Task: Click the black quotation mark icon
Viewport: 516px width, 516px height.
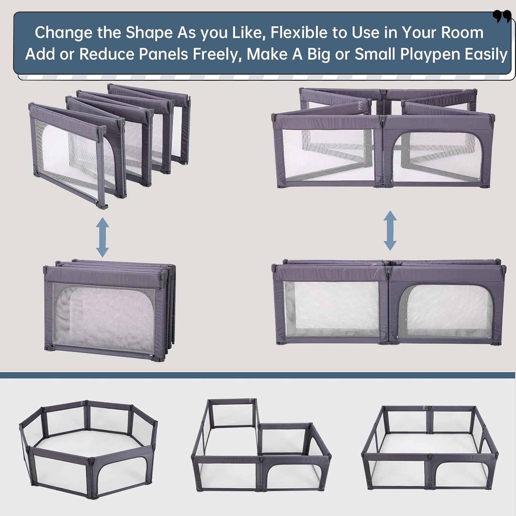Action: tap(502, 16)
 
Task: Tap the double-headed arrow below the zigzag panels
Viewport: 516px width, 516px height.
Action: tap(103, 237)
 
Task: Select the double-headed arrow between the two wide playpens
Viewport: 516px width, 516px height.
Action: tap(390, 230)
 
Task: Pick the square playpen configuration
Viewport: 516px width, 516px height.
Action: tap(430, 447)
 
